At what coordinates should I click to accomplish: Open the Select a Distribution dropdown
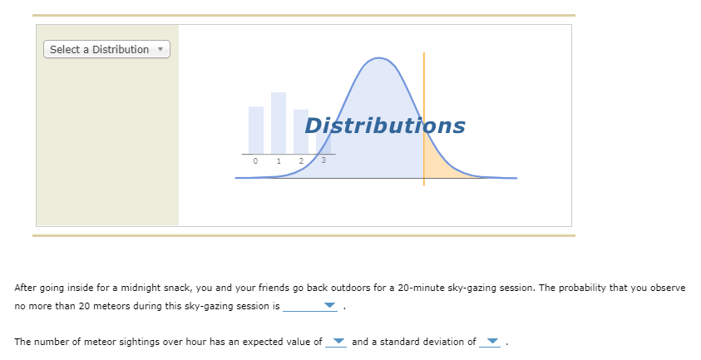click(106, 49)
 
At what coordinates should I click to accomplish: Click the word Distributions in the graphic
click(385, 126)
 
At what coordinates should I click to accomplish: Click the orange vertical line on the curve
click(424, 119)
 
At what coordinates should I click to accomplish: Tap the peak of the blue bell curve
click(378, 57)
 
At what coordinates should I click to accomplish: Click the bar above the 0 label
click(256, 131)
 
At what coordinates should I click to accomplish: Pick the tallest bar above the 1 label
click(279, 123)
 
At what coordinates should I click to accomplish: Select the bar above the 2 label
click(301, 131)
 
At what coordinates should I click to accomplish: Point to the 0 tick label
click(255, 161)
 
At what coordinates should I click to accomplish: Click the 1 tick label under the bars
click(279, 161)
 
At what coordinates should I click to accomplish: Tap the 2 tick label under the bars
click(301, 161)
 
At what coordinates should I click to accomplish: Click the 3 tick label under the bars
click(323, 160)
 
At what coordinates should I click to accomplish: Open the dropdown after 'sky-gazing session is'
click(310, 306)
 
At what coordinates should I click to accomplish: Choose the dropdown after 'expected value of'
click(336, 342)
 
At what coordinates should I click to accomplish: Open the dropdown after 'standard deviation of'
click(490, 342)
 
